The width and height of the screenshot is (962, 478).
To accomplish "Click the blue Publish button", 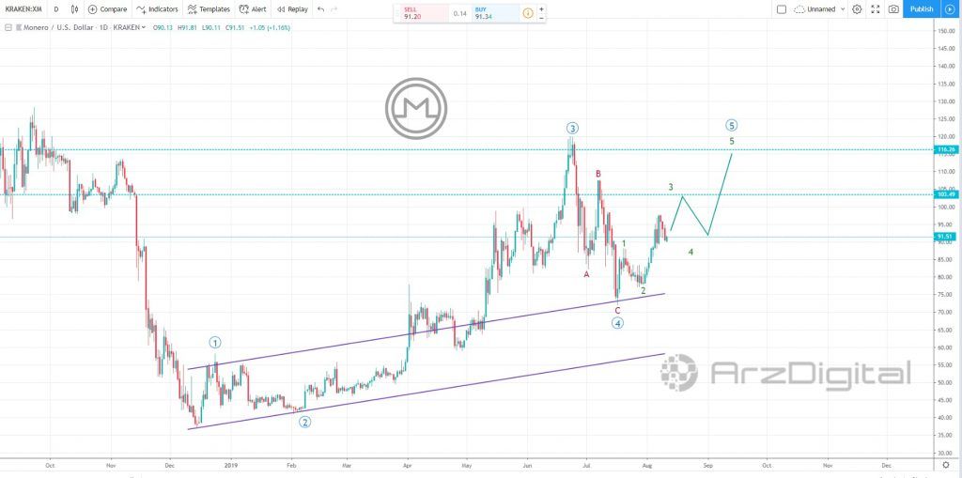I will click(x=921, y=9).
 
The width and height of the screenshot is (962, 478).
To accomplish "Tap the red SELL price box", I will click(x=412, y=13).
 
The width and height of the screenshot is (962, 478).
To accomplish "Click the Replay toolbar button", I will click(x=292, y=9).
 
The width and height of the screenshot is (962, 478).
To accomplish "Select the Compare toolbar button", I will click(x=107, y=9).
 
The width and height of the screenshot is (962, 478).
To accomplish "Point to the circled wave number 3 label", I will click(x=571, y=128).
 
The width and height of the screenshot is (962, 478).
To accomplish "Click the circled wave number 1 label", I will click(x=215, y=343).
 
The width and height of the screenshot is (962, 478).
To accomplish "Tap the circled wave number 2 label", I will click(x=305, y=422).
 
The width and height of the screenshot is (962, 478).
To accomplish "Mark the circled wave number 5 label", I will click(x=732, y=126).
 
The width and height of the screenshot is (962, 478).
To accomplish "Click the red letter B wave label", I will click(x=597, y=174).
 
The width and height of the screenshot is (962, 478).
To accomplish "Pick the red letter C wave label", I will click(x=617, y=310).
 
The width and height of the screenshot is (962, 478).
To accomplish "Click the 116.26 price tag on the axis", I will click(x=945, y=149).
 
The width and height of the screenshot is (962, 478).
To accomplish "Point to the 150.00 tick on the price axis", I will click(x=946, y=31).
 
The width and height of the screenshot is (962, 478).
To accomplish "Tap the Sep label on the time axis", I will click(x=708, y=464).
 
